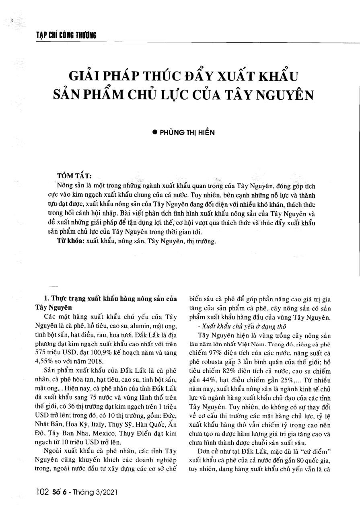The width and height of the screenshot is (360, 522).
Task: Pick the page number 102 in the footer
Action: (42, 491)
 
